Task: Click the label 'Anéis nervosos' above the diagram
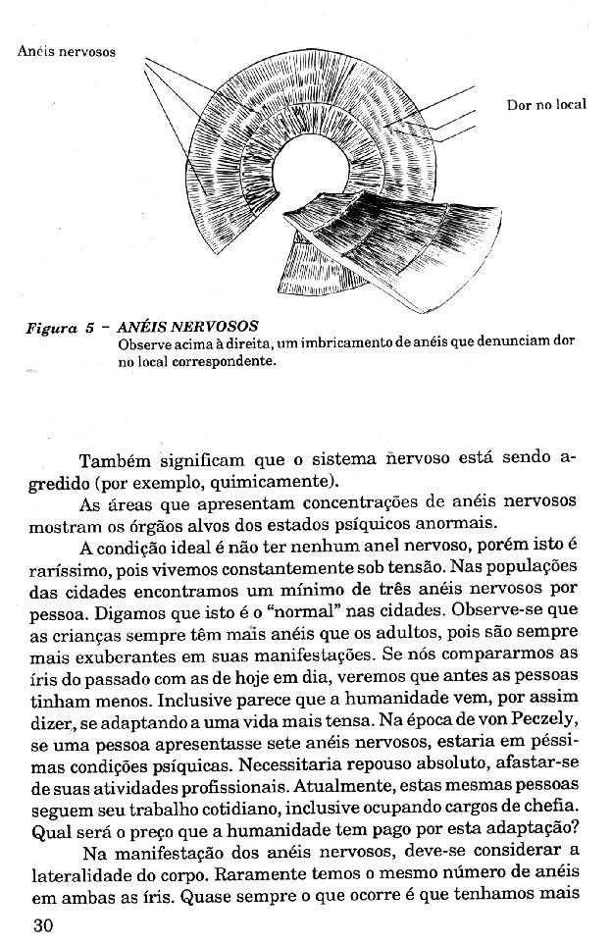[x=66, y=51]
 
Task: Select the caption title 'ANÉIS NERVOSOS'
[x=186, y=326]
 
